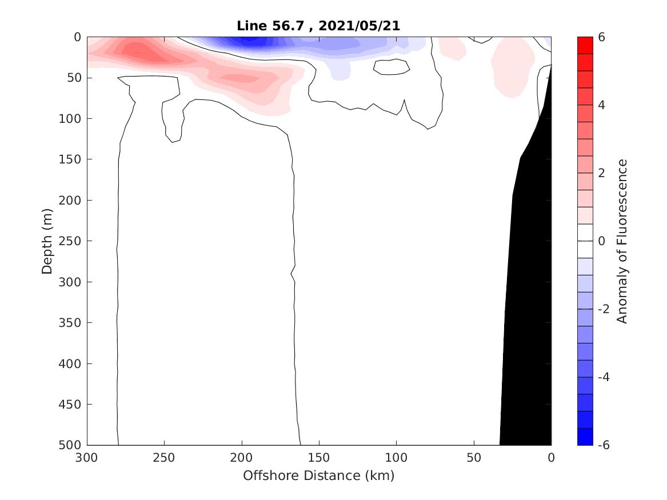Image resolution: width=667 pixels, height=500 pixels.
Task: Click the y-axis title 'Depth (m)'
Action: pyautogui.click(x=47, y=241)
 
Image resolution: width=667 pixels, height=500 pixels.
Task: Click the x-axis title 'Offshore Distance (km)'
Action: pyautogui.click(x=319, y=475)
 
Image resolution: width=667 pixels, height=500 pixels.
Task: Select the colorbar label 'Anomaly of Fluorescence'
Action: pyautogui.click(x=622, y=241)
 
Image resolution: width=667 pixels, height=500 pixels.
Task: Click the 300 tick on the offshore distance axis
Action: pyautogui.click(x=87, y=458)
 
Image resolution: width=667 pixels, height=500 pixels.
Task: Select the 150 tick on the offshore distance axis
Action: pyautogui.click(x=319, y=458)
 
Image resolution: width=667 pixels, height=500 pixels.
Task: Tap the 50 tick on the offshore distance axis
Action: pyautogui.click(x=474, y=458)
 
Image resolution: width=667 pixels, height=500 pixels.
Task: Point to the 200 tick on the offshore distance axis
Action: pyautogui.click(x=242, y=458)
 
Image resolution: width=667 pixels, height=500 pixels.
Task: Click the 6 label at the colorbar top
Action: pyautogui.click(x=601, y=37)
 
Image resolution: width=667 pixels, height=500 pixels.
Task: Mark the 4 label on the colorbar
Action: pyautogui.click(x=601, y=105)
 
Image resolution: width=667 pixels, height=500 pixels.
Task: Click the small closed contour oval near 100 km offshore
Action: pyautogui.click(x=392, y=67)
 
